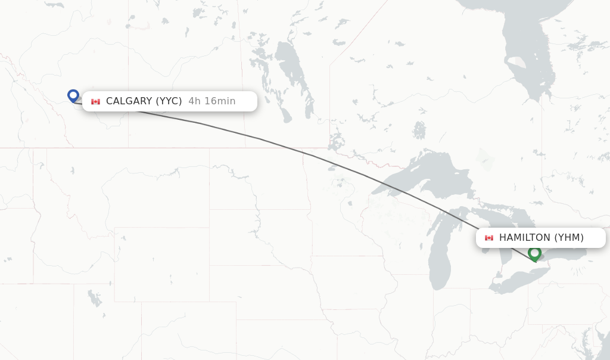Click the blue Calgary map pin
tap(73, 95)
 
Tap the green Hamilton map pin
tap(534, 253)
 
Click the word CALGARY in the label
tap(129, 101)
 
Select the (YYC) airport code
tap(169, 101)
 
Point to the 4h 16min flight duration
tap(211, 101)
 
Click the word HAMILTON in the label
tap(525, 238)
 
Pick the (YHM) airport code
tap(569, 238)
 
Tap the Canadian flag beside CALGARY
tap(95, 102)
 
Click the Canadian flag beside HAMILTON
tap(489, 238)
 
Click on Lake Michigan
tap(440, 250)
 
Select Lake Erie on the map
tap(518, 280)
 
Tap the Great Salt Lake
tap(94, 297)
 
